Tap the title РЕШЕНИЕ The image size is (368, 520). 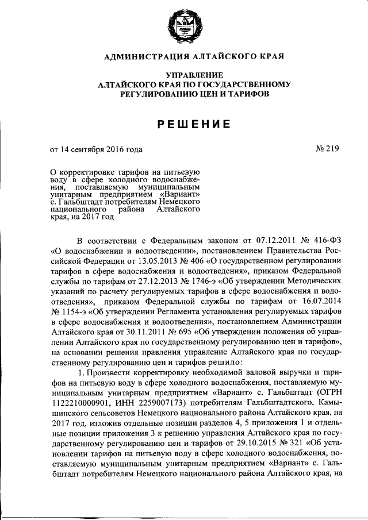tap(184, 123)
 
